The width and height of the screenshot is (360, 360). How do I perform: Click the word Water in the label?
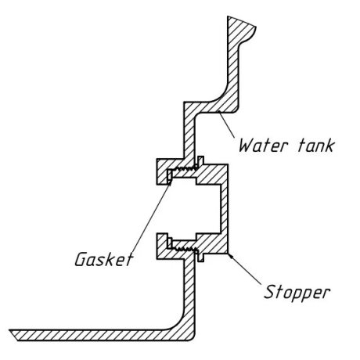pyautogui.click(x=264, y=146)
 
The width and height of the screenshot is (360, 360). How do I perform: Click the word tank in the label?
pyautogui.click(x=316, y=146)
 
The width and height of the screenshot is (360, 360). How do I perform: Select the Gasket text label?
pyautogui.click(x=104, y=259)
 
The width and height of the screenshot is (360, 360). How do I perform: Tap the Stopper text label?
pyautogui.click(x=297, y=293)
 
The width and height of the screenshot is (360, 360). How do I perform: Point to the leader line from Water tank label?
pyautogui.click(x=226, y=124)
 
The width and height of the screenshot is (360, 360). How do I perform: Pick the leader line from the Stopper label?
pyautogui.click(x=244, y=268)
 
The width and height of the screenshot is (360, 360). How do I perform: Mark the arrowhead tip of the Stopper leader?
pyautogui.click(x=229, y=254)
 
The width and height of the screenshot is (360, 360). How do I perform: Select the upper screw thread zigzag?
pyautogui.click(x=185, y=168)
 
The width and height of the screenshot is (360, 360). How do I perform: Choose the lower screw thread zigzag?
pyautogui.click(x=185, y=250)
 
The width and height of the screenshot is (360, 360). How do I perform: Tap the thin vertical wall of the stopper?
pyautogui.click(x=225, y=209)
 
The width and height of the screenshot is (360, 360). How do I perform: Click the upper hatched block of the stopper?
pyautogui.click(x=212, y=175)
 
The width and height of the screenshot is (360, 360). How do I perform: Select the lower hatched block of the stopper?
pyautogui.click(x=212, y=244)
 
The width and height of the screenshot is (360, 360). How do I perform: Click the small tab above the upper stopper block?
pyautogui.click(x=200, y=160)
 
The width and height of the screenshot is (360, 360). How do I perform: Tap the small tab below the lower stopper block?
pyautogui.click(x=201, y=257)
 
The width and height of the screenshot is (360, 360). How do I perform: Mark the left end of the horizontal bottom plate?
pyautogui.click(x=10, y=330)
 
